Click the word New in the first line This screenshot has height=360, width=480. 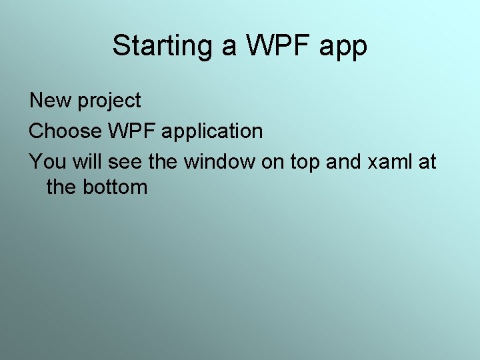click(51, 101)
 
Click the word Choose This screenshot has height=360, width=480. click(64, 131)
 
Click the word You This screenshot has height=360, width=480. click(45, 161)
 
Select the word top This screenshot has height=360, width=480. click(307, 162)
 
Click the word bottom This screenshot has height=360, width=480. click(115, 187)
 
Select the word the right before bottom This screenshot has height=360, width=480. click(62, 187)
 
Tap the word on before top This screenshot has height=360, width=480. click(273, 162)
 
